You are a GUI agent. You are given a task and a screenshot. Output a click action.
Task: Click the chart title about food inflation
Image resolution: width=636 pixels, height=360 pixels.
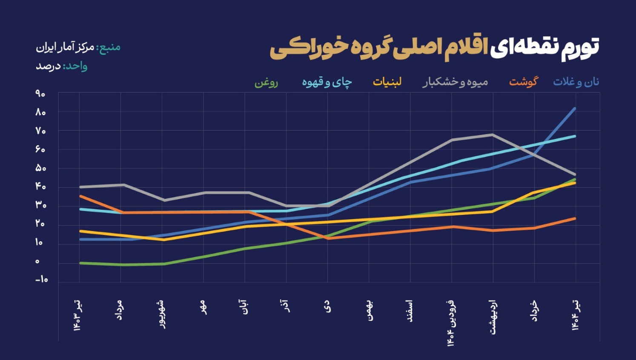(x=434, y=48)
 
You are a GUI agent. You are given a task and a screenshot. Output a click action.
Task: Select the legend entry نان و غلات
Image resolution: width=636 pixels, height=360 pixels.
(x=576, y=82)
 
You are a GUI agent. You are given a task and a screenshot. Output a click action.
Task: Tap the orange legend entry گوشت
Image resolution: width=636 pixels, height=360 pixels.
(x=524, y=81)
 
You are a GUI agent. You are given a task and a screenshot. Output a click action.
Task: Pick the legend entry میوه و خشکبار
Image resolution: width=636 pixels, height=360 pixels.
(x=455, y=82)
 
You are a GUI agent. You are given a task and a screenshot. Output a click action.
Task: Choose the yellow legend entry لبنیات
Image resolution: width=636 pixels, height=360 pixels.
(x=387, y=82)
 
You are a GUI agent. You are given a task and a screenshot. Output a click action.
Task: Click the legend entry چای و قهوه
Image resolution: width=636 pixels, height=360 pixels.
(x=327, y=82)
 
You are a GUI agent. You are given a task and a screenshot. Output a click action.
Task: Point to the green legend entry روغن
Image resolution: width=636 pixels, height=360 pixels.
(x=266, y=82)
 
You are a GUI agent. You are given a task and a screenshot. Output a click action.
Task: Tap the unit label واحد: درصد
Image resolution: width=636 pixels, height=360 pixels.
(x=61, y=66)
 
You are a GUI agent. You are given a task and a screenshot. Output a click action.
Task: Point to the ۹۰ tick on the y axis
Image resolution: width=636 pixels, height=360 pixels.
(x=40, y=94)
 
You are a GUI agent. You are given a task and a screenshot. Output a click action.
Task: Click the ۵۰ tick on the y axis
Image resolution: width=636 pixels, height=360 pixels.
(x=40, y=168)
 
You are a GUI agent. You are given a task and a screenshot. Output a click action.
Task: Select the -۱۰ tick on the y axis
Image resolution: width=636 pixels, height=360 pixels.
(x=41, y=280)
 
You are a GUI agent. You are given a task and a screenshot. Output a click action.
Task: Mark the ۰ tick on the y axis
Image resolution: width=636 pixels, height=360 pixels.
(x=37, y=261)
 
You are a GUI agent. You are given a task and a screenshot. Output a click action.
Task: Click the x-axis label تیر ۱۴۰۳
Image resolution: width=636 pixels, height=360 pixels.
(x=78, y=315)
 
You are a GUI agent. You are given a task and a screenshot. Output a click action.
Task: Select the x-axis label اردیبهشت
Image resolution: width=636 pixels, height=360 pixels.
(x=493, y=317)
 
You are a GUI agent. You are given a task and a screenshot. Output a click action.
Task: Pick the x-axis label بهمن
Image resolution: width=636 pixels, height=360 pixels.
(x=370, y=311)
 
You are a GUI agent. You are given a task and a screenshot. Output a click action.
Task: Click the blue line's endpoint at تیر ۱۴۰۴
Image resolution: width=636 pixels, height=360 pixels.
(x=575, y=109)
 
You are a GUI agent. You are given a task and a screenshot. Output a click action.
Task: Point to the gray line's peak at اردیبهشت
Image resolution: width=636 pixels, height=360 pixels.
(x=493, y=135)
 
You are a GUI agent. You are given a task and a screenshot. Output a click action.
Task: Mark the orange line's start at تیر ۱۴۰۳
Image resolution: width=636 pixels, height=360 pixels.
(x=80, y=196)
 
